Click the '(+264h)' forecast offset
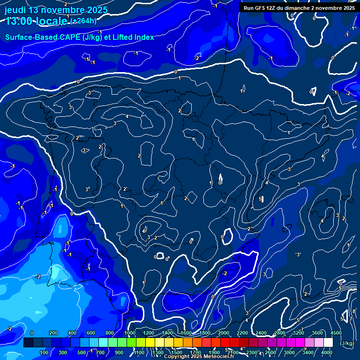[x=84, y=21]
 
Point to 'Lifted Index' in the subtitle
[x=134, y=37]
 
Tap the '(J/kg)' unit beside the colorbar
[x=347, y=343]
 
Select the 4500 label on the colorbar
[x=336, y=333]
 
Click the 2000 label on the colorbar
[x=224, y=333]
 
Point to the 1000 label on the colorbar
[x=130, y=333]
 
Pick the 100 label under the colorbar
[x=45, y=352]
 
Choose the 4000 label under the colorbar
[x=327, y=352]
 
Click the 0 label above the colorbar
[x=32, y=333]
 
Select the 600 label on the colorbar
[x=91, y=333]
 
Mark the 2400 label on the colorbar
[x=261, y=333]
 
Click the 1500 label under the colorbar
[x=177, y=352]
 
